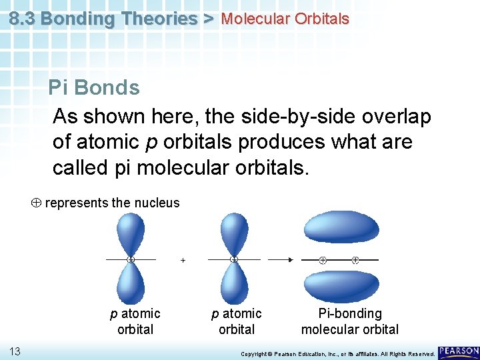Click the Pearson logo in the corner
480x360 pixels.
point(459,351)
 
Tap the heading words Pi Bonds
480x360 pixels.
point(94,87)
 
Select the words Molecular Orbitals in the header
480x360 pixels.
point(285,19)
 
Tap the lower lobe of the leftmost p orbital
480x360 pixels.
point(131,283)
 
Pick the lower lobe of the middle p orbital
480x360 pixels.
point(233,283)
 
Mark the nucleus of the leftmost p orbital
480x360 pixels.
point(131,259)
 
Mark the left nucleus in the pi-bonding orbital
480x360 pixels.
point(323,259)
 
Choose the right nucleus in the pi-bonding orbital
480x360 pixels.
point(355,259)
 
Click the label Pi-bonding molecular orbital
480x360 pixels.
point(350,321)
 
